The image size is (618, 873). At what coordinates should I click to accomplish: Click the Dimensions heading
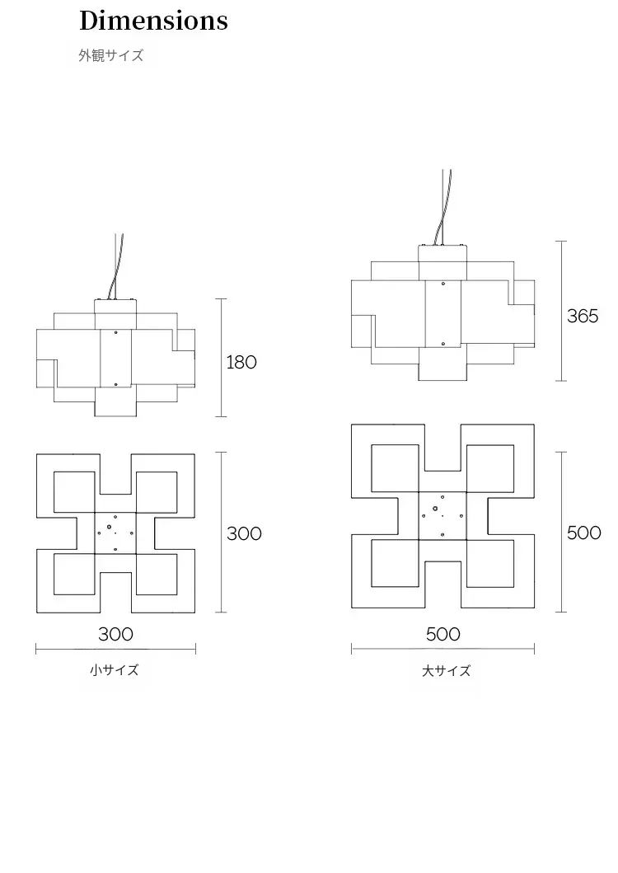[153, 21]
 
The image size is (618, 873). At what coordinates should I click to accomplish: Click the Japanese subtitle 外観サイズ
[111, 56]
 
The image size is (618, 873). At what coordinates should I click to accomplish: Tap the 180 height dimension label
[241, 362]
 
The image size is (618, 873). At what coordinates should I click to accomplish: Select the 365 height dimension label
[583, 316]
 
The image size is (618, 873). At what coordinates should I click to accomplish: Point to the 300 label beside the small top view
[244, 533]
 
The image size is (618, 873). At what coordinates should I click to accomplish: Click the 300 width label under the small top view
[115, 634]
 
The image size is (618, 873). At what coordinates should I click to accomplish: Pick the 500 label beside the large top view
[583, 533]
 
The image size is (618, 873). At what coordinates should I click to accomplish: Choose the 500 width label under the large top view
[443, 634]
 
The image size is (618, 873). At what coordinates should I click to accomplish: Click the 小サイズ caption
[115, 670]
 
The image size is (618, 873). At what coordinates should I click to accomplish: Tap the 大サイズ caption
[447, 671]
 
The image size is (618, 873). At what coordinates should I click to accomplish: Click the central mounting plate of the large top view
[442, 515]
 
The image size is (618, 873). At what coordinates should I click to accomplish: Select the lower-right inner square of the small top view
[156, 573]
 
